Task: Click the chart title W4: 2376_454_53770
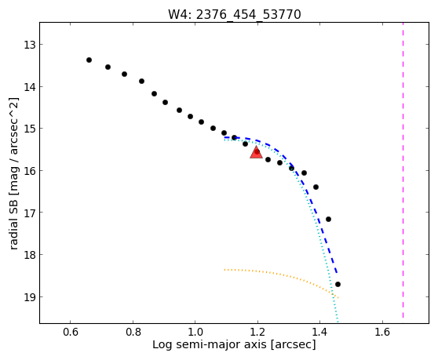pyautogui.click(x=235, y=14)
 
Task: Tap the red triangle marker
pyautogui.click(x=256, y=152)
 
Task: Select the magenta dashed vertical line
pyautogui.click(x=403, y=170)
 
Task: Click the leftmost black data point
pyautogui.click(x=89, y=60)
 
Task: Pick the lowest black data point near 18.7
pyautogui.click(x=338, y=285)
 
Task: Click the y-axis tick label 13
pyautogui.click(x=29, y=45)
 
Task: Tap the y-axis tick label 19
pyautogui.click(x=29, y=297)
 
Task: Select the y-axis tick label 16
pyautogui.click(x=29, y=170)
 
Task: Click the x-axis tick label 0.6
pyautogui.click(x=70, y=332)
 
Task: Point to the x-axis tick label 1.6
pyautogui.click(x=382, y=332)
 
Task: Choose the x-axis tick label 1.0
pyautogui.click(x=195, y=332)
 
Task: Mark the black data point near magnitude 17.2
pyautogui.click(x=328, y=219)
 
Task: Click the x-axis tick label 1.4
pyautogui.click(x=319, y=332)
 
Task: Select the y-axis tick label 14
pyautogui.click(x=29, y=87)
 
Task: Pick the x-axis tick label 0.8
pyautogui.click(x=133, y=332)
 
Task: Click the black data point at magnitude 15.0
pyautogui.click(x=214, y=129)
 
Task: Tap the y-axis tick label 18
pyautogui.click(x=29, y=255)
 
